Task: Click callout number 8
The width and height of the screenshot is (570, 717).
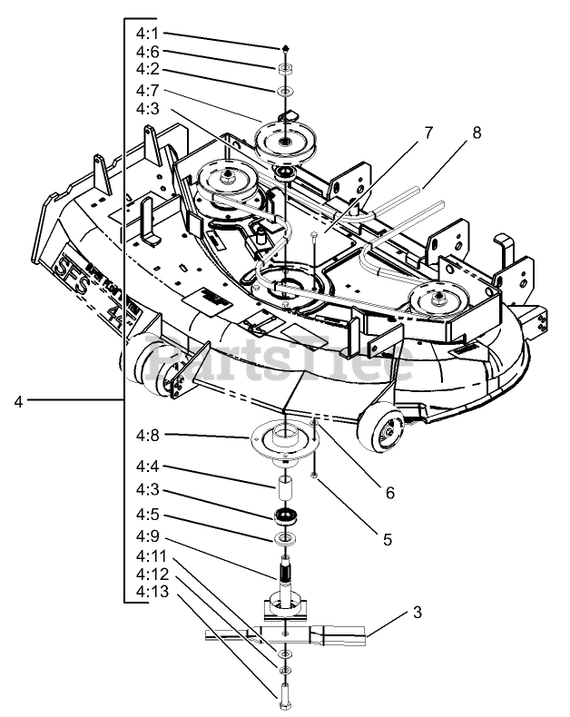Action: (x=476, y=132)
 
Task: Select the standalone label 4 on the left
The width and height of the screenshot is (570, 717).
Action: (x=18, y=400)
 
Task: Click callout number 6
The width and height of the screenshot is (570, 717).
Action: (x=389, y=493)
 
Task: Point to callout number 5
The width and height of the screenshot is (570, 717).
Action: (x=387, y=538)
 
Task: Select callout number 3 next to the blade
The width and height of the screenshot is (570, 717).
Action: (x=417, y=612)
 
